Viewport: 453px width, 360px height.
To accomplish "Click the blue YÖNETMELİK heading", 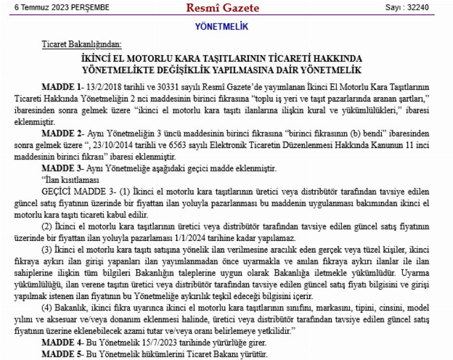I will coord(222,27).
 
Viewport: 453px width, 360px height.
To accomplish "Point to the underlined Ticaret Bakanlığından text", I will coord(82,45).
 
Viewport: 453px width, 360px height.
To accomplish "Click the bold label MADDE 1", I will coord(62,87).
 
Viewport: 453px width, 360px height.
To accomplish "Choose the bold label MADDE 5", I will coord(62,353).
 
